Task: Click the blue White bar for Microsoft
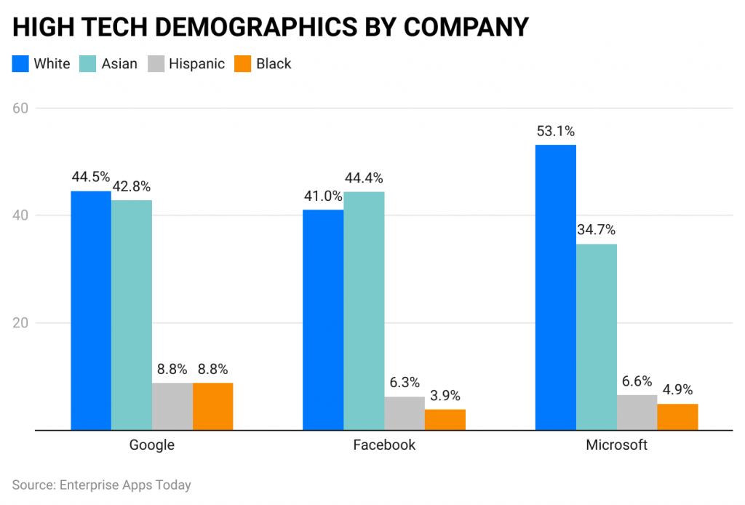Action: (555, 287)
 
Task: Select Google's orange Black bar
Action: (212, 406)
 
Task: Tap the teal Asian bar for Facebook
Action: (364, 311)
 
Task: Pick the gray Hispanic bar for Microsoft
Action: (637, 412)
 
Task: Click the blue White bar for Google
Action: (91, 310)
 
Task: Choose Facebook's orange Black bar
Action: (445, 419)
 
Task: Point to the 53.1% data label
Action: (556, 132)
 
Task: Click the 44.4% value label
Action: (364, 178)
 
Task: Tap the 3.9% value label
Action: (445, 396)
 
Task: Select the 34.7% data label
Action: (597, 230)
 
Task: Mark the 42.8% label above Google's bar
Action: (132, 187)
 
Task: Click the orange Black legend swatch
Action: (242, 64)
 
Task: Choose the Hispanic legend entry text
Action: (196, 64)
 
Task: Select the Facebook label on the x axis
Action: (384, 445)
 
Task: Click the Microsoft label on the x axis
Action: (616, 445)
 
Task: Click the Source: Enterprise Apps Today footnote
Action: (101, 485)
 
